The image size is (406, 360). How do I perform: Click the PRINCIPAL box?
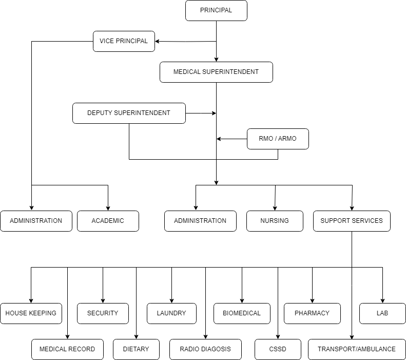(x=216, y=10)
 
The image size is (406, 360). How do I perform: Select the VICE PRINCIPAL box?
(x=124, y=41)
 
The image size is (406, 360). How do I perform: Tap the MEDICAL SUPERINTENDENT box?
(x=216, y=72)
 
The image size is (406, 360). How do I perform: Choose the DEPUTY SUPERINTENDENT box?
(x=129, y=113)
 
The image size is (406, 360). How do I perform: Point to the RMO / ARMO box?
(x=278, y=139)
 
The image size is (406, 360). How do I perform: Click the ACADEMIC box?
(x=108, y=221)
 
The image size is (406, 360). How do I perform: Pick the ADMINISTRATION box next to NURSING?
(x=200, y=221)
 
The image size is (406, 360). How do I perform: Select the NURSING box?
(x=275, y=221)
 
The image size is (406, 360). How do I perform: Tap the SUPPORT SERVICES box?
(x=352, y=221)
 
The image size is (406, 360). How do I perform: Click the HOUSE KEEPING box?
(x=31, y=313)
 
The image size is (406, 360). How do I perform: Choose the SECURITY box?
(x=103, y=313)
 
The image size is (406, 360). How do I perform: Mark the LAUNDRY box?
(x=171, y=313)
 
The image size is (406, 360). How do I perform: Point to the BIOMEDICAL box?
(x=242, y=313)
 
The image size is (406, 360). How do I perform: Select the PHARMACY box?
(x=312, y=313)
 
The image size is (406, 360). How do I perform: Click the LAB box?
(x=382, y=313)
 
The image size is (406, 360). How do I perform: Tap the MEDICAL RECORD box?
(x=67, y=349)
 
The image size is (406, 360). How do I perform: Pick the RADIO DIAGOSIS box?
(x=205, y=349)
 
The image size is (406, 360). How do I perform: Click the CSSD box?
(x=278, y=349)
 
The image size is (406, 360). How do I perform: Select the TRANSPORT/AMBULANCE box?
(x=357, y=349)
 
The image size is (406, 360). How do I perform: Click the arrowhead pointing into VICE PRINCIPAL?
(x=158, y=41)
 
